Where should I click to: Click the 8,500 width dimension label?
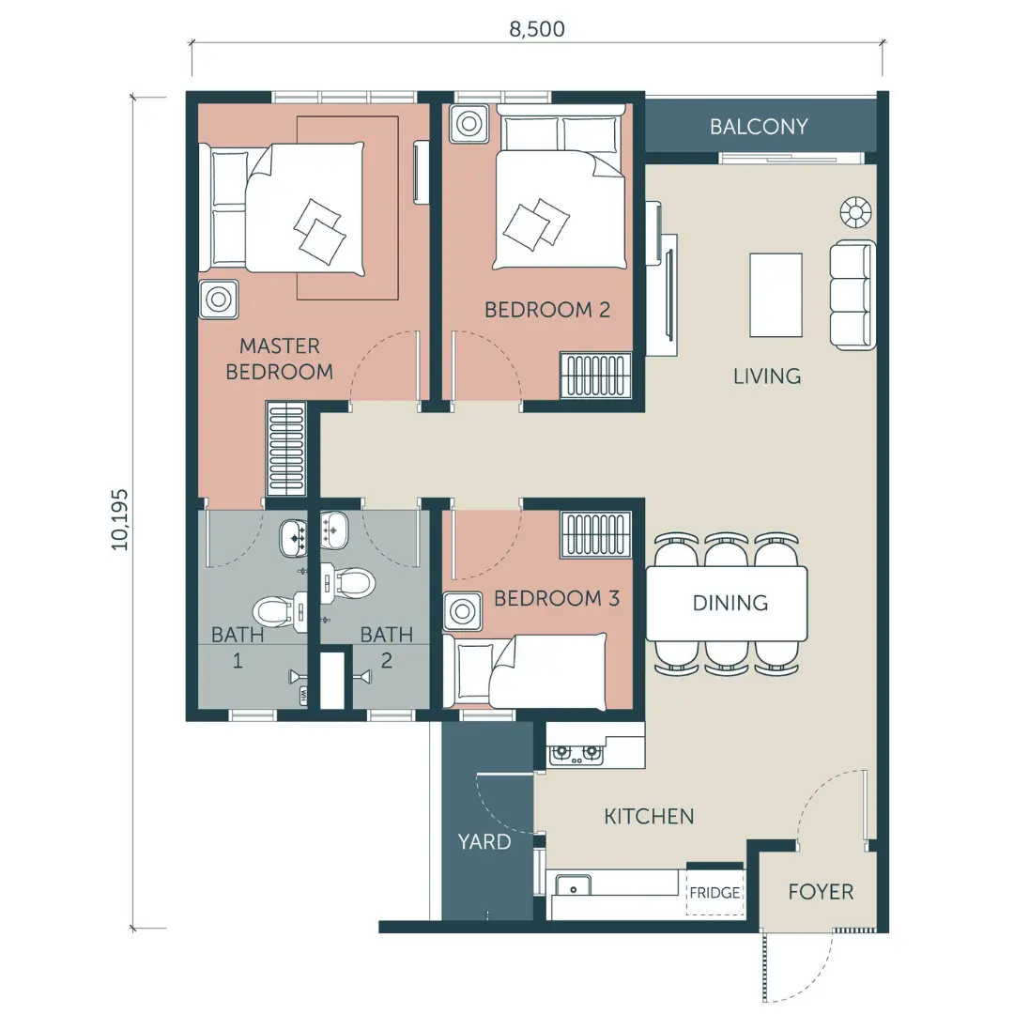(x=537, y=29)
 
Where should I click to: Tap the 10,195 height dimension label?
(x=119, y=520)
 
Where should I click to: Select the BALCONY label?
(x=759, y=126)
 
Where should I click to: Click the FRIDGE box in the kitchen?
(x=714, y=893)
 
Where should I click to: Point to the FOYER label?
(x=821, y=892)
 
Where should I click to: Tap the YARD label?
(x=484, y=841)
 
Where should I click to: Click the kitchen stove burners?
(x=576, y=753)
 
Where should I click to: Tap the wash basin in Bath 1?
(x=294, y=539)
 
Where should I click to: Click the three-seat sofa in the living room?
(x=853, y=295)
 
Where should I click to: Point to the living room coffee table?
(x=776, y=295)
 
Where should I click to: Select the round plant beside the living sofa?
(x=855, y=212)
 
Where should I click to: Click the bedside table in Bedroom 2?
(x=469, y=123)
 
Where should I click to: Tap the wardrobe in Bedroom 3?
(x=595, y=534)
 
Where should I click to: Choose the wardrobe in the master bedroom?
(x=285, y=448)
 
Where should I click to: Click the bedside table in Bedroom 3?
(x=462, y=611)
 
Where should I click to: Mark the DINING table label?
(x=730, y=604)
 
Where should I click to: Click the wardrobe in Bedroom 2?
(x=595, y=375)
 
